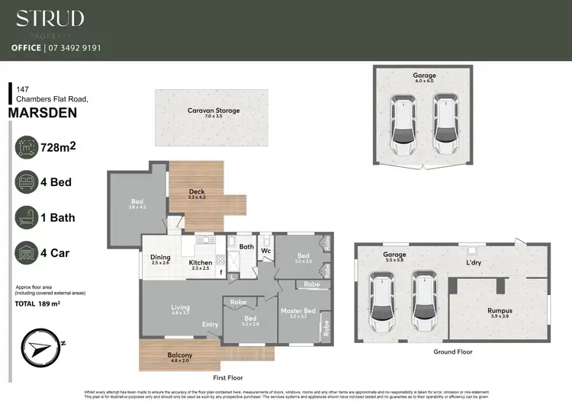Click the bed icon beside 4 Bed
pos(27,182)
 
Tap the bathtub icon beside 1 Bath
pos(27,217)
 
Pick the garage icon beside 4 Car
pos(27,252)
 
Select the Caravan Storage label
pos(214,111)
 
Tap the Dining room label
pos(160,258)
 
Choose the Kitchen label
pos(201,263)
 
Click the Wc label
pos(266,249)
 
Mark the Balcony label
pos(180,355)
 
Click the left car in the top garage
pos(403,123)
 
